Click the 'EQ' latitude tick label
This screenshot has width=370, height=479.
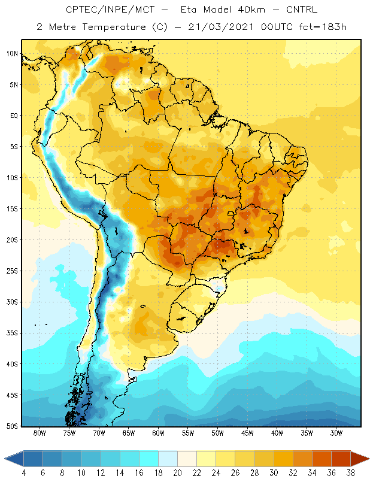[x=14, y=116]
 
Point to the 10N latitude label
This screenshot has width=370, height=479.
[x=12, y=54]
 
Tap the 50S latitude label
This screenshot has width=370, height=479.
[x=12, y=426]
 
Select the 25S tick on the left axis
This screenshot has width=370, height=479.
[x=12, y=271]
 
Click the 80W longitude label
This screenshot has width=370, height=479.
[x=40, y=433]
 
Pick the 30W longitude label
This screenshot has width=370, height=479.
[x=336, y=433]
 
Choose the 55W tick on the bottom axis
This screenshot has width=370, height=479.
[x=187, y=433]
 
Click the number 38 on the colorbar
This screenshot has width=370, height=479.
[x=350, y=473]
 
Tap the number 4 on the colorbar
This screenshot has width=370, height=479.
[x=24, y=473]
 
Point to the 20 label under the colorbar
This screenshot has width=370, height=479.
[x=177, y=473]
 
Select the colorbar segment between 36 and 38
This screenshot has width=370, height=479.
[x=341, y=459]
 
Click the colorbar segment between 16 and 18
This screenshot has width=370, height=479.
[x=149, y=459]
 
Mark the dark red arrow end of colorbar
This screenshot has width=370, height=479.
[x=359, y=459]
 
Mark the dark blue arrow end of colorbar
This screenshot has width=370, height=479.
[x=14, y=459]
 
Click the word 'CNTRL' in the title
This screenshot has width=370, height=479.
[x=302, y=10]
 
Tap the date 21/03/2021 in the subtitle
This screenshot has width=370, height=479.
[x=220, y=27]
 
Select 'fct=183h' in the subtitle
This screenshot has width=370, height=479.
[x=323, y=27]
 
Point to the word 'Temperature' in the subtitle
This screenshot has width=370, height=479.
[x=114, y=27]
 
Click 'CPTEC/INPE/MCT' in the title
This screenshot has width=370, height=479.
[x=110, y=10]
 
